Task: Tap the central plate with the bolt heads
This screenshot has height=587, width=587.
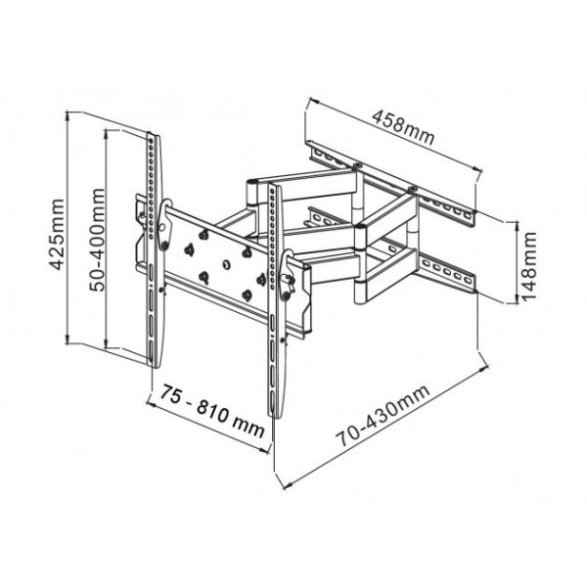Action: [x=220, y=262]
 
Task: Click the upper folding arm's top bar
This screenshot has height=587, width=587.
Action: [x=303, y=182]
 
